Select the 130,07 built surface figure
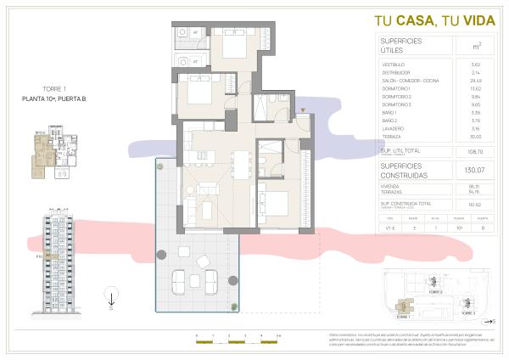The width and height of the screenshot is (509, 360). click(x=476, y=170)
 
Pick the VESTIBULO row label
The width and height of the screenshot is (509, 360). click(x=395, y=65)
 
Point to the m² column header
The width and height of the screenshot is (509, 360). click(x=477, y=47)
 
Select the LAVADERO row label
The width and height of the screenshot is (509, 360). click(x=394, y=128)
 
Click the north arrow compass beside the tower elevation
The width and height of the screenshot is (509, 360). click(x=110, y=297)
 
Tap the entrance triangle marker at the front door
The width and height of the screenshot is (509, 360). click(x=302, y=111)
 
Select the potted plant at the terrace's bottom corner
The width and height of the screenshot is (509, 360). click(x=232, y=305)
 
